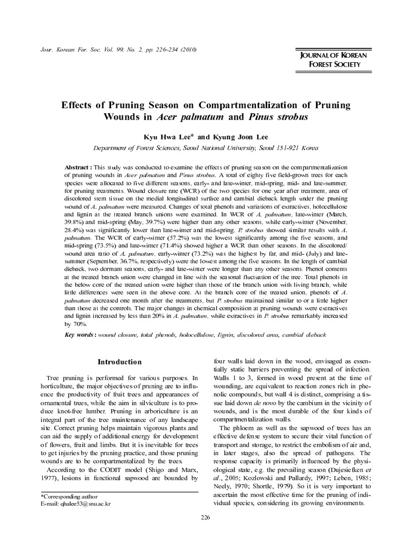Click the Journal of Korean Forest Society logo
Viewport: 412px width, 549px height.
coord(331,60)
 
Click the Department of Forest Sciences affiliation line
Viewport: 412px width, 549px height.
coord(205,148)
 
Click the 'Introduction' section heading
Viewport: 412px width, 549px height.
coord(120,362)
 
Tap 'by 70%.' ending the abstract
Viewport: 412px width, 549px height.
coord(77,324)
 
